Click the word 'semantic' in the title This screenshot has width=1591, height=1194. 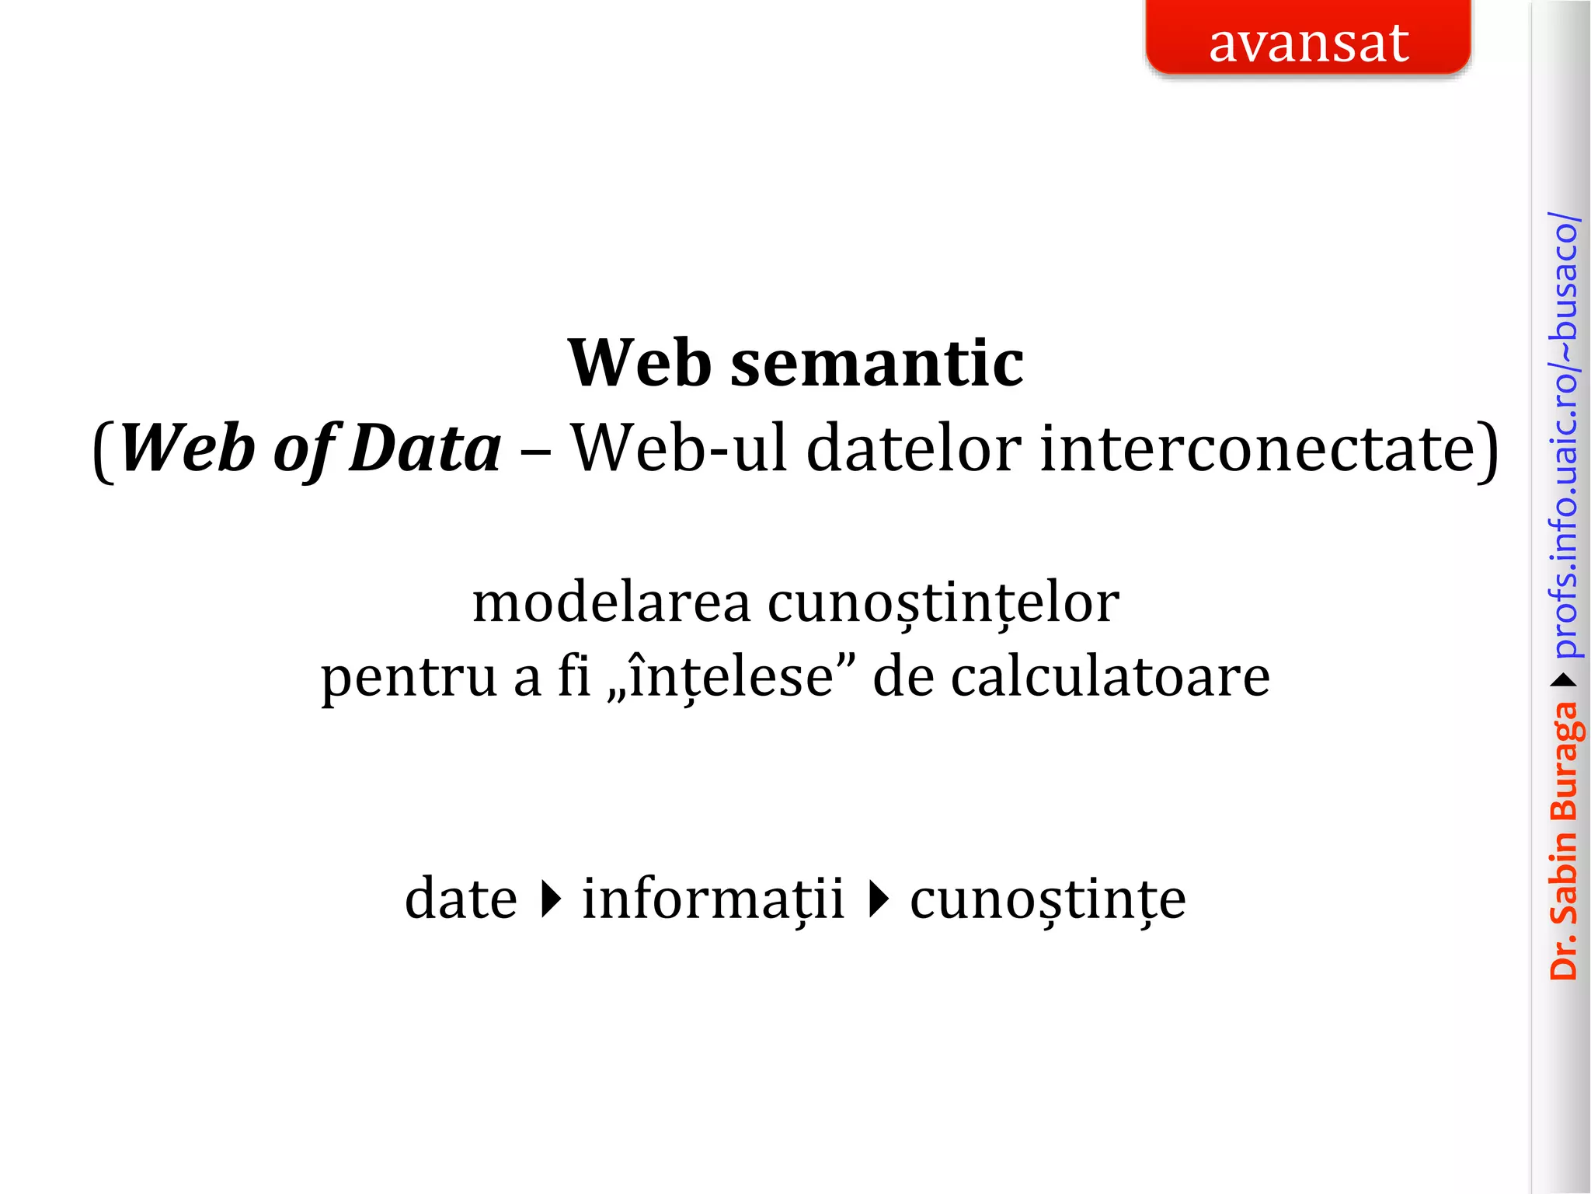[x=877, y=364]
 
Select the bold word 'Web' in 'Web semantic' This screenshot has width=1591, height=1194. [x=639, y=364]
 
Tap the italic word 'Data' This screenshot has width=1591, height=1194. [x=425, y=449]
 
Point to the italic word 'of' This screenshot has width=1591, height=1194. [x=305, y=449]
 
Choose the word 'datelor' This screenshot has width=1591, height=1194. [x=914, y=449]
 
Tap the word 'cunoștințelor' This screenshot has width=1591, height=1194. [x=943, y=603]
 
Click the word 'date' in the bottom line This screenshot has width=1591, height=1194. [x=461, y=899]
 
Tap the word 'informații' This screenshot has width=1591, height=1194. [x=712, y=899]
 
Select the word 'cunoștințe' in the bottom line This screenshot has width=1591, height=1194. [x=1048, y=899]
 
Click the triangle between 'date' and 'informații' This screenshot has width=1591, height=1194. [x=551, y=899]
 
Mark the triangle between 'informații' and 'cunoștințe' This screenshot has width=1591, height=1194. [x=878, y=899]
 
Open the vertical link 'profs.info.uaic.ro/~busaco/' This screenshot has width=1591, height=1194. [x=1563, y=435]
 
